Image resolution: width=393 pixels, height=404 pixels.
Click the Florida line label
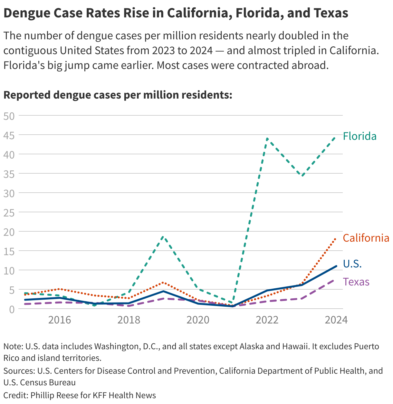click(359, 136)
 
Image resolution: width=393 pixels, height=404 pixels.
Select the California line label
click(366, 238)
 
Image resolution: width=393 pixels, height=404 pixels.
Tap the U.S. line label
click(352, 264)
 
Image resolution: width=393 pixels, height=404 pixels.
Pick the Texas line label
click(356, 282)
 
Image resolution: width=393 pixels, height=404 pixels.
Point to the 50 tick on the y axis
click(9, 116)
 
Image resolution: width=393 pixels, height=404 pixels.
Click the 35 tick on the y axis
click(9, 174)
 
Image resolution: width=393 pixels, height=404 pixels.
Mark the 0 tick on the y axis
click(12, 309)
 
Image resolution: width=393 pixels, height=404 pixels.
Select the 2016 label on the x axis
click(60, 320)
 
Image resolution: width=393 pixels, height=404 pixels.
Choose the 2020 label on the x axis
click(198, 320)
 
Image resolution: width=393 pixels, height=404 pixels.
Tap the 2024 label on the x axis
click(336, 320)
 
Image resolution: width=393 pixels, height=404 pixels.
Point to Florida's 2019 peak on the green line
click(163, 237)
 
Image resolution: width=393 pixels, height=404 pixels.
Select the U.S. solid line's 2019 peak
click(163, 291)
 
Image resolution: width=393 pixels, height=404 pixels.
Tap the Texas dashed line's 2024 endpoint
click(336, 280)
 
